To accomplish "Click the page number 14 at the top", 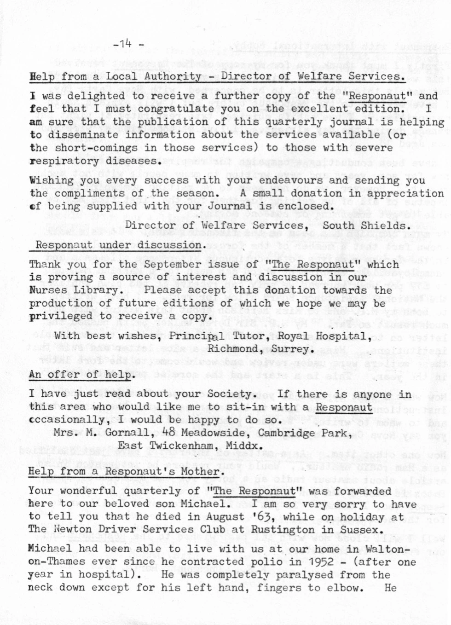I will tap(126, 44).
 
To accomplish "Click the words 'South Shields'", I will tap(364, 226).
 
